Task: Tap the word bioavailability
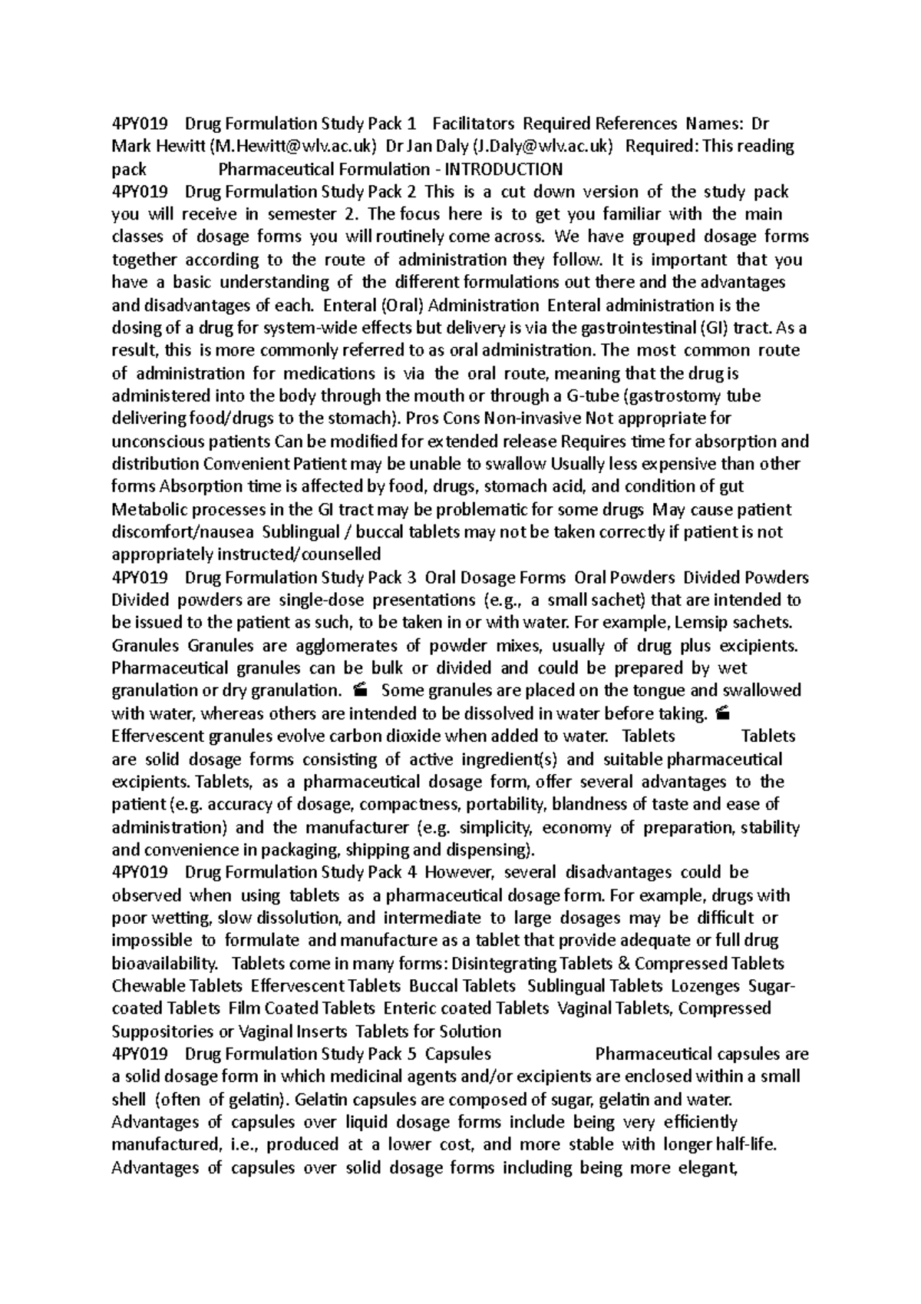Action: click(164, 963)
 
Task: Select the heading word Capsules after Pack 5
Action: click(458, 1054)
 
